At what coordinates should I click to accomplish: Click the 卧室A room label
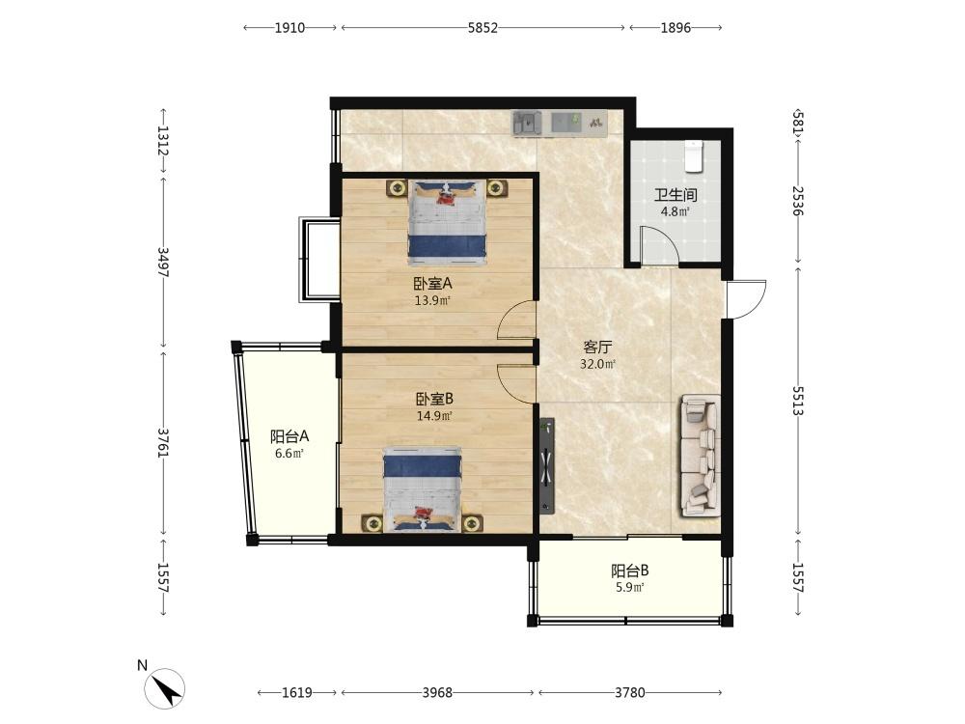[x=432, y=284]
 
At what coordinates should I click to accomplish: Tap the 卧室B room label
[x=434, y=399]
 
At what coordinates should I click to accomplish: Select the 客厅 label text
[x=597, y=348]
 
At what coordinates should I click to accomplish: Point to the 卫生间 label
[x=675, y=196]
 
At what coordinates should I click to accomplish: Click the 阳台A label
[x=289, y=437]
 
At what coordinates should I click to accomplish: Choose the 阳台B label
[x=629, y=571]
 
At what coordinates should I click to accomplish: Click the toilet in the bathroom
[x=694, y=155]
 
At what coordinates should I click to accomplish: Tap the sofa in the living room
[x=700, y=456]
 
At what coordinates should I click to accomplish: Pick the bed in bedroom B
[x=423, y=489]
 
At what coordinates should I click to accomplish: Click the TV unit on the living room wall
[x=546, y=466]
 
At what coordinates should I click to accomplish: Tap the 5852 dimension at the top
[x=482, y=28]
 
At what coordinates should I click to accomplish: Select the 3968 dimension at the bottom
[x=437, y=692]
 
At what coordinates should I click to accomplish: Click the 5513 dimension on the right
[x=798, y=401]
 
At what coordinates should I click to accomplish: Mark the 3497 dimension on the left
[x=163, y=263]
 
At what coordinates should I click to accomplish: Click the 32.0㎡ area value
[x=597, y=364]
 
